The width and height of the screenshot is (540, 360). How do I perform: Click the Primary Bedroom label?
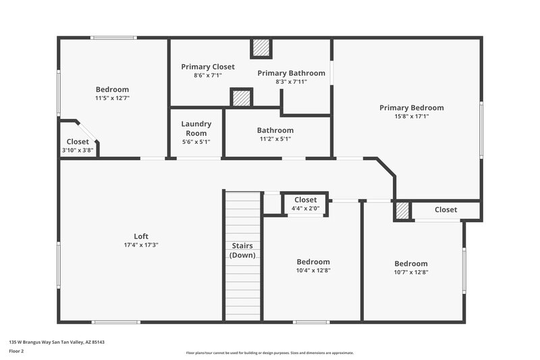point(411,107)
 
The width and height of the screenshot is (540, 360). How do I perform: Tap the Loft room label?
point(141,236)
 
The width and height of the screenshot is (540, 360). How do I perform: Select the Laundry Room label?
point(196,128)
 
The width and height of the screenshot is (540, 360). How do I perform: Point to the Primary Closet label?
point(208,67)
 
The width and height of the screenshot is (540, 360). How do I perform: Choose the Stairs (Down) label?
point(242,251)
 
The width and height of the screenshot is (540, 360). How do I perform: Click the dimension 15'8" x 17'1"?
point(411,116)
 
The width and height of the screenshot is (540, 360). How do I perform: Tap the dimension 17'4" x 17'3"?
point(141,245)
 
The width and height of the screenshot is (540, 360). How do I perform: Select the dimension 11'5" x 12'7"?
point(112,98)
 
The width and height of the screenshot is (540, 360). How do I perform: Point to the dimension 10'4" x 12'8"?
point(313,270)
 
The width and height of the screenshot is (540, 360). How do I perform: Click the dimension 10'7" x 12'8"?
point(411,272)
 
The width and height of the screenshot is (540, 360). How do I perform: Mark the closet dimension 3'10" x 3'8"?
point(78,150)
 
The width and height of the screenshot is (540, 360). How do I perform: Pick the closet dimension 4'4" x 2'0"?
point(305,208)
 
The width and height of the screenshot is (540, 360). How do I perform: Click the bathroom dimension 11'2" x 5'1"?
point(275,139)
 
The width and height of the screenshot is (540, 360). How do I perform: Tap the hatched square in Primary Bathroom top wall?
point(261,49)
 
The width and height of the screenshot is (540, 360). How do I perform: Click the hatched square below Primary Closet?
point(241,98)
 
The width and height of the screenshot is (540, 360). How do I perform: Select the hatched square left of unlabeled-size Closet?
point(402,211)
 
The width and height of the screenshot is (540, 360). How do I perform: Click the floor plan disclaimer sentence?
point(269,353)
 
